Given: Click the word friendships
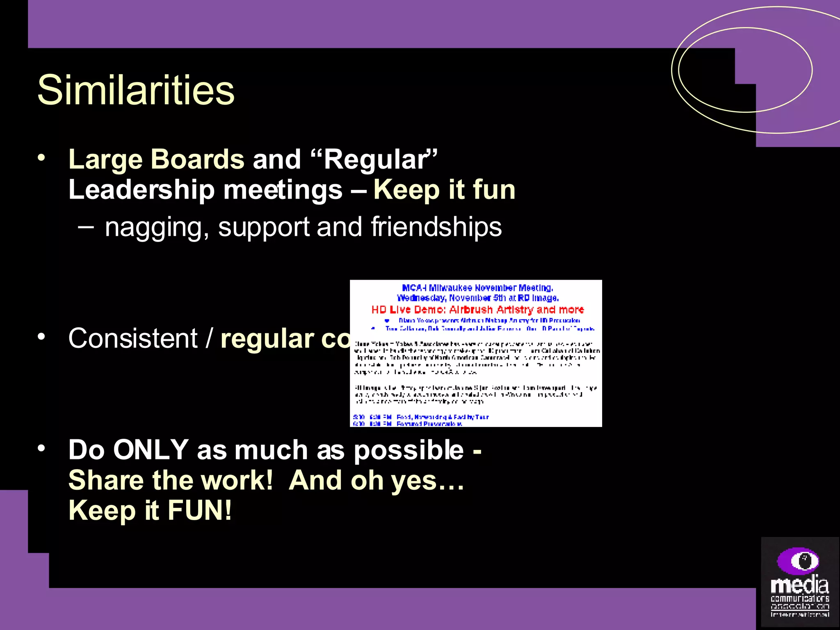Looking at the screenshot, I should [x=436, y=226].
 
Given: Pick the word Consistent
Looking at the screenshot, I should [x=133, y=338].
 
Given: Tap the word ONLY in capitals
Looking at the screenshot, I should [x=151, y=450].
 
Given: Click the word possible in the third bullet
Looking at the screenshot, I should [x=409, y=450].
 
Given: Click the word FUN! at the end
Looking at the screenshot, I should [x=199, y=510].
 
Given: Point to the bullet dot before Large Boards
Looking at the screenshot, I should [x=41, y=158].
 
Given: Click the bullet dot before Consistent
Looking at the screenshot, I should [x=41, y=337].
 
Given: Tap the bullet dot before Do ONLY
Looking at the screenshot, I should [x=41, y=448].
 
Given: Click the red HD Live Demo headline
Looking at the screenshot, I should [x=477, y=310].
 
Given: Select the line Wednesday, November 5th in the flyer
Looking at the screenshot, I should [x=477, y=298].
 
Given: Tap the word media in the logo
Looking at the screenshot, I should [x=799, y=585].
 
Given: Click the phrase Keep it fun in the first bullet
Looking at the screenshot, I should [x=444, y=190].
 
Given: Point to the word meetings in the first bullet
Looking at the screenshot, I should [x=283, y=190].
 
